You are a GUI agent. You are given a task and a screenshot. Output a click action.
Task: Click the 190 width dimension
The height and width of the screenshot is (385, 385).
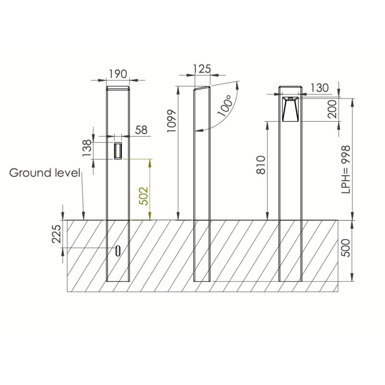(118, 74)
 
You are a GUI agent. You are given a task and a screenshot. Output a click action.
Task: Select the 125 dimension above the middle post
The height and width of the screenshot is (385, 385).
(202, 69)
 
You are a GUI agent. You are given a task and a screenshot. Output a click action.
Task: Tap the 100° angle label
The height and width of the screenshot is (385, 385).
(225, 105)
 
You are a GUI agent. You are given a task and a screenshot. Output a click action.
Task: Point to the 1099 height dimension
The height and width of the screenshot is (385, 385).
(172, 121)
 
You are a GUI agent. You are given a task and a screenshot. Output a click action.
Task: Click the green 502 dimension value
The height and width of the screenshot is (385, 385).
(143, 196)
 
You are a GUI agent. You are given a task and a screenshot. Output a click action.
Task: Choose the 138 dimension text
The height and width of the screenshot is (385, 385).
(87, 148)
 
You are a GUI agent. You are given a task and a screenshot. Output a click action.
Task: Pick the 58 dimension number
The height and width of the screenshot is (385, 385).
(141, 130)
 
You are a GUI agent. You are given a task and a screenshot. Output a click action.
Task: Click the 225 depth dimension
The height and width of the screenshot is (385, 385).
(56, 234)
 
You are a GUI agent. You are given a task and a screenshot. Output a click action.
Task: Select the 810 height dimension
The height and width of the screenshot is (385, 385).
(261, 165)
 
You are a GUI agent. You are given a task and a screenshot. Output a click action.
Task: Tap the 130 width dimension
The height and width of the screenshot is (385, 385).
(320, 88)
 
